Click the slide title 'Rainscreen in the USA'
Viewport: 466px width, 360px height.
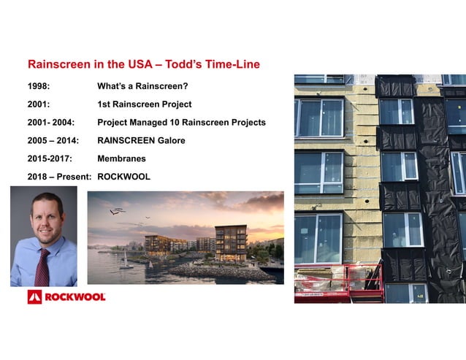click(143, 65)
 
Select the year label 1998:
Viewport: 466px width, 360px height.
click(39, 87)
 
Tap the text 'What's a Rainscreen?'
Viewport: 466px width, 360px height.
click(142, 87)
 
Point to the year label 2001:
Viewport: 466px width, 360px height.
click(39, 104)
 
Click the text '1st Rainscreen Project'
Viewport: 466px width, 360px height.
click(145, 104)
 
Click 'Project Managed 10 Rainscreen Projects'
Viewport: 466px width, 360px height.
click(181, 123)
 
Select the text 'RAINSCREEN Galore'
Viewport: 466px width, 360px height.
click(141, 140)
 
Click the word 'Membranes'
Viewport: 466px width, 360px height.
click(121, 158)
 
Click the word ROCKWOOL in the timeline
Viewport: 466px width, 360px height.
click(123, 176)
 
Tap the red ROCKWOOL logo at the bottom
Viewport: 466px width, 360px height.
click(66, 296)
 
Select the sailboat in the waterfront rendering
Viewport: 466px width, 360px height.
click(126, 260)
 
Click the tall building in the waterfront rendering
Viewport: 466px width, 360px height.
click(231, 242)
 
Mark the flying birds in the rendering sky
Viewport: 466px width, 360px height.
click(117, 212)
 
